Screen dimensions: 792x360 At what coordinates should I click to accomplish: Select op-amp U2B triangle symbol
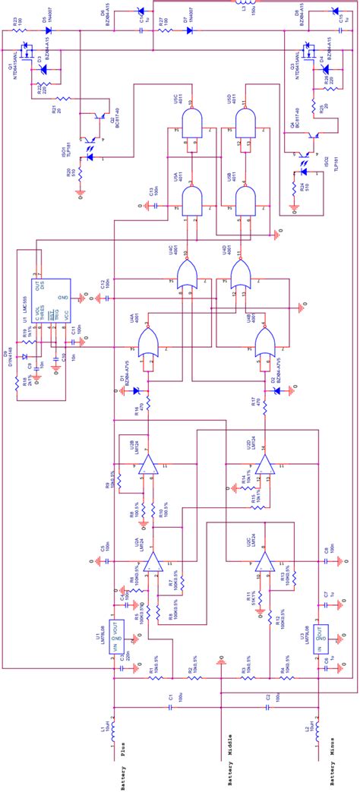click(149, 465)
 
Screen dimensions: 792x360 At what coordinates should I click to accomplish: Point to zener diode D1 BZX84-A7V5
click(137, 391)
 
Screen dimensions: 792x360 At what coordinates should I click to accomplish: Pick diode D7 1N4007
click(188, 30)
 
